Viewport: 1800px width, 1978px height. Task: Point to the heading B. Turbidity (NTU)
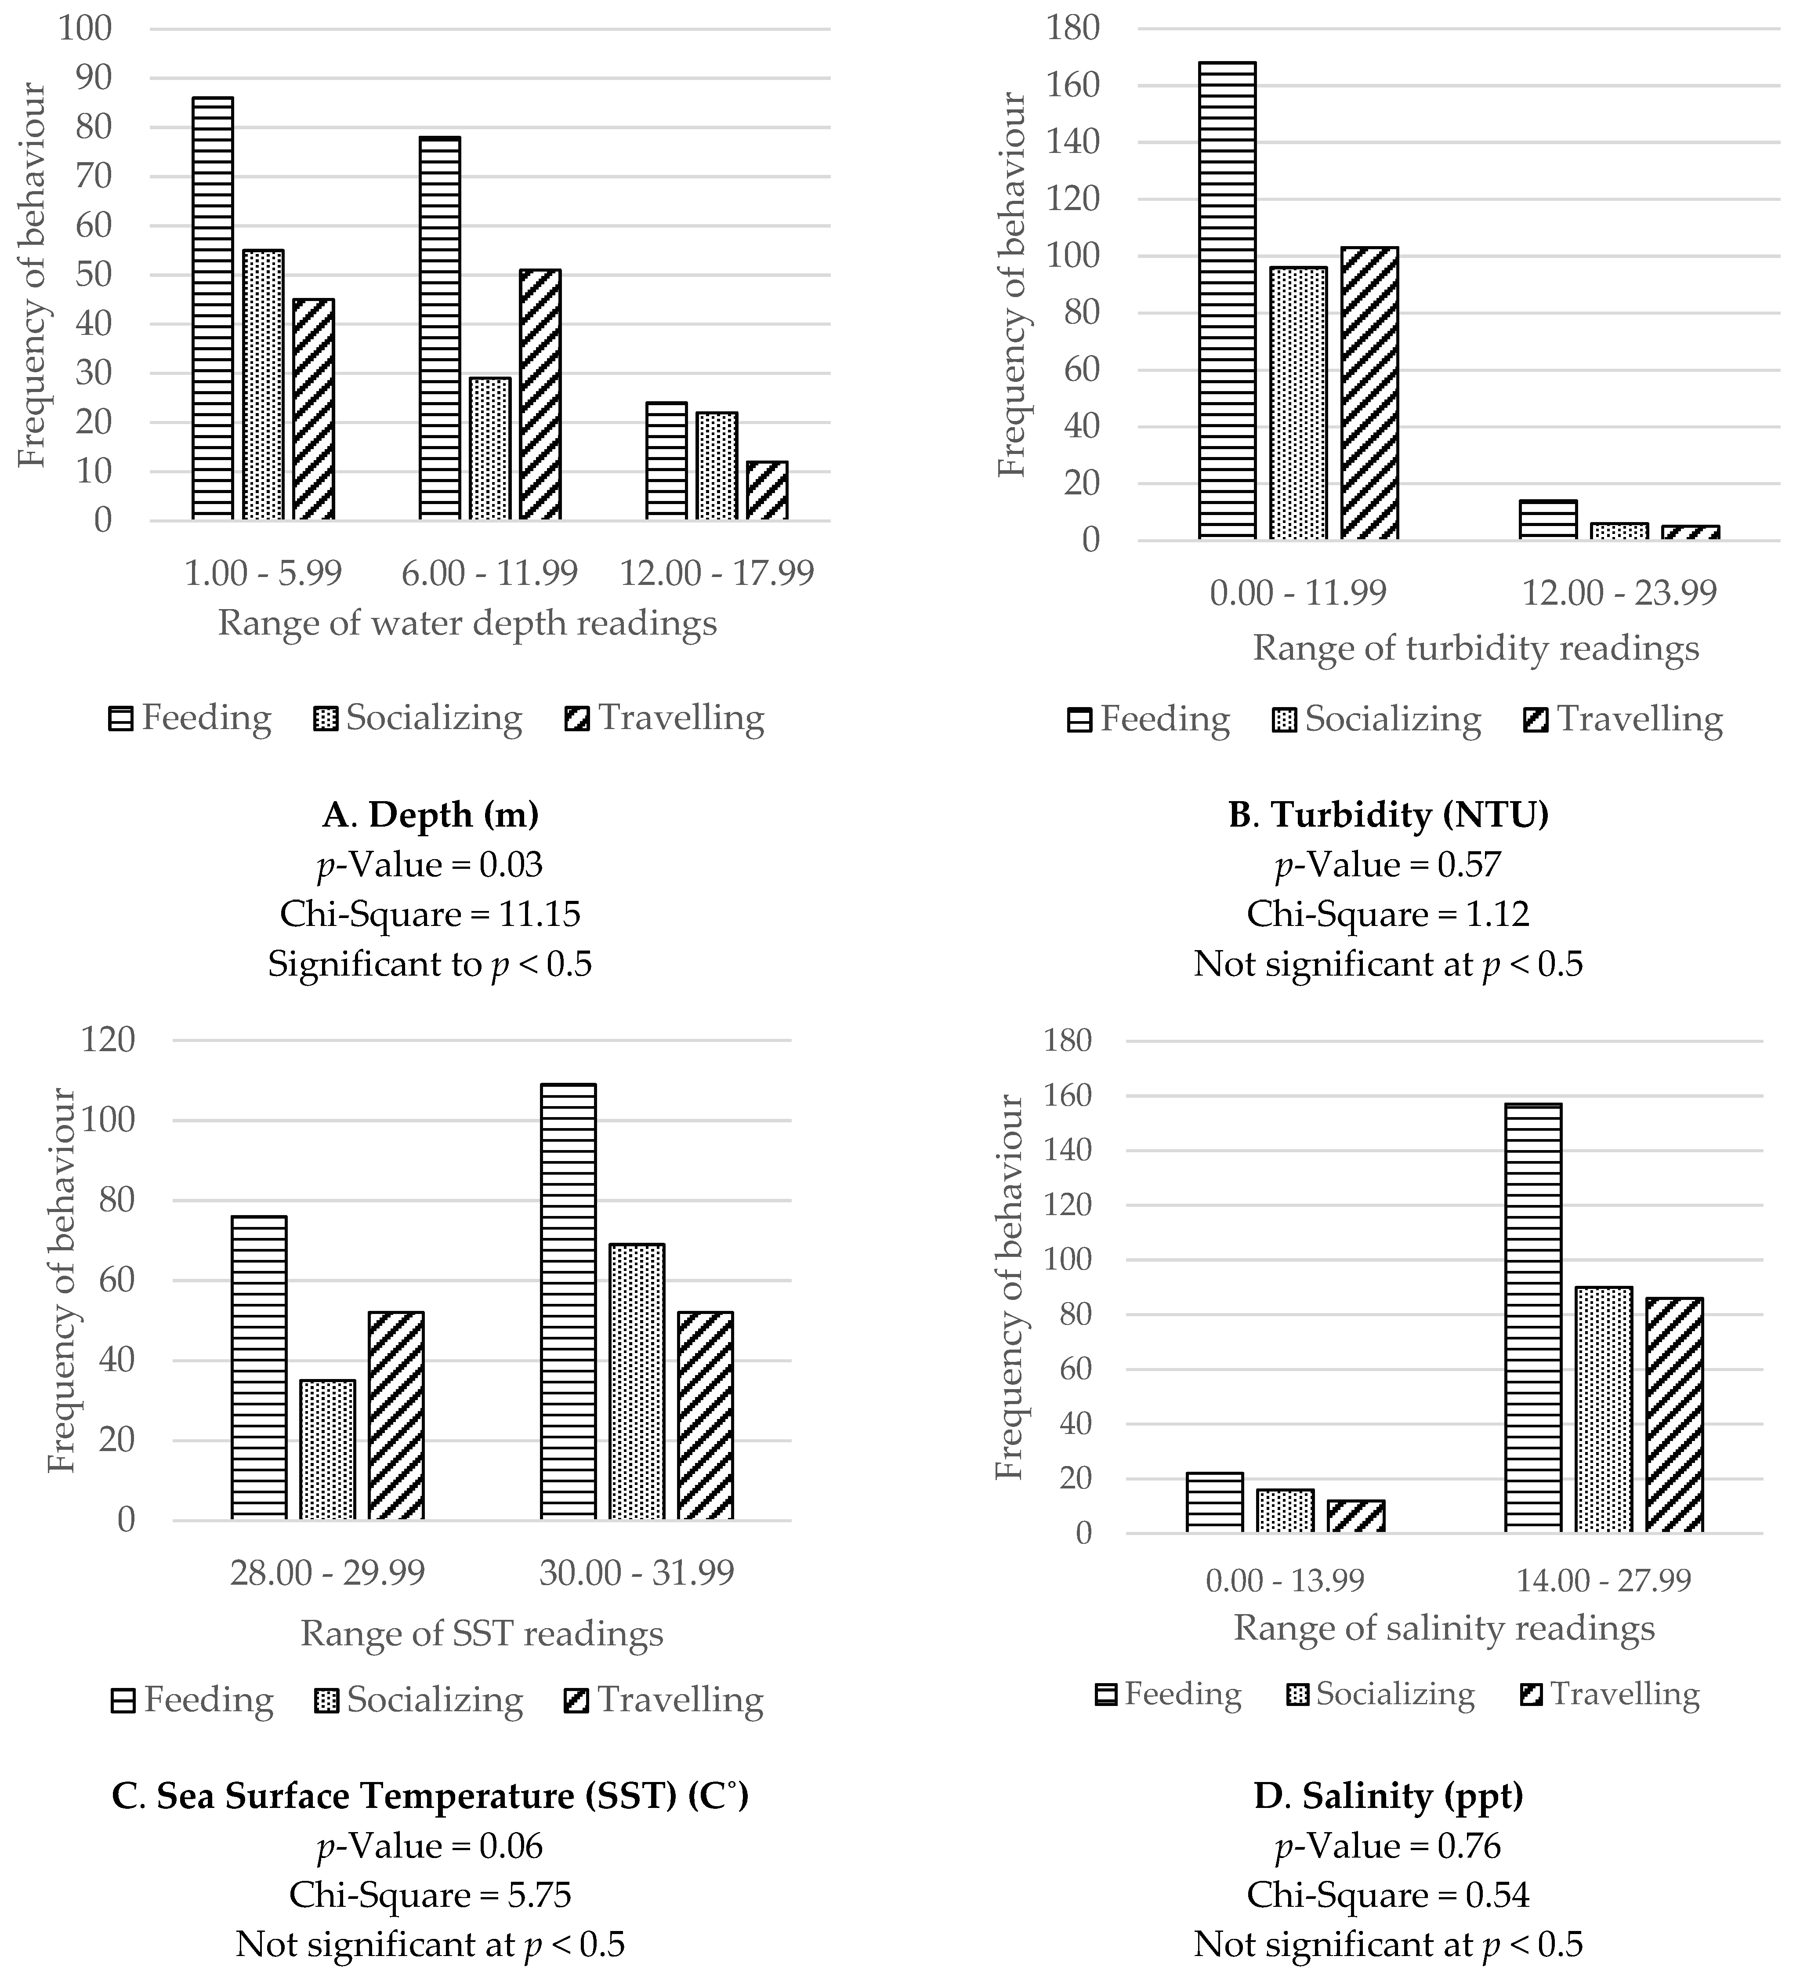coord(1388,814)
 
